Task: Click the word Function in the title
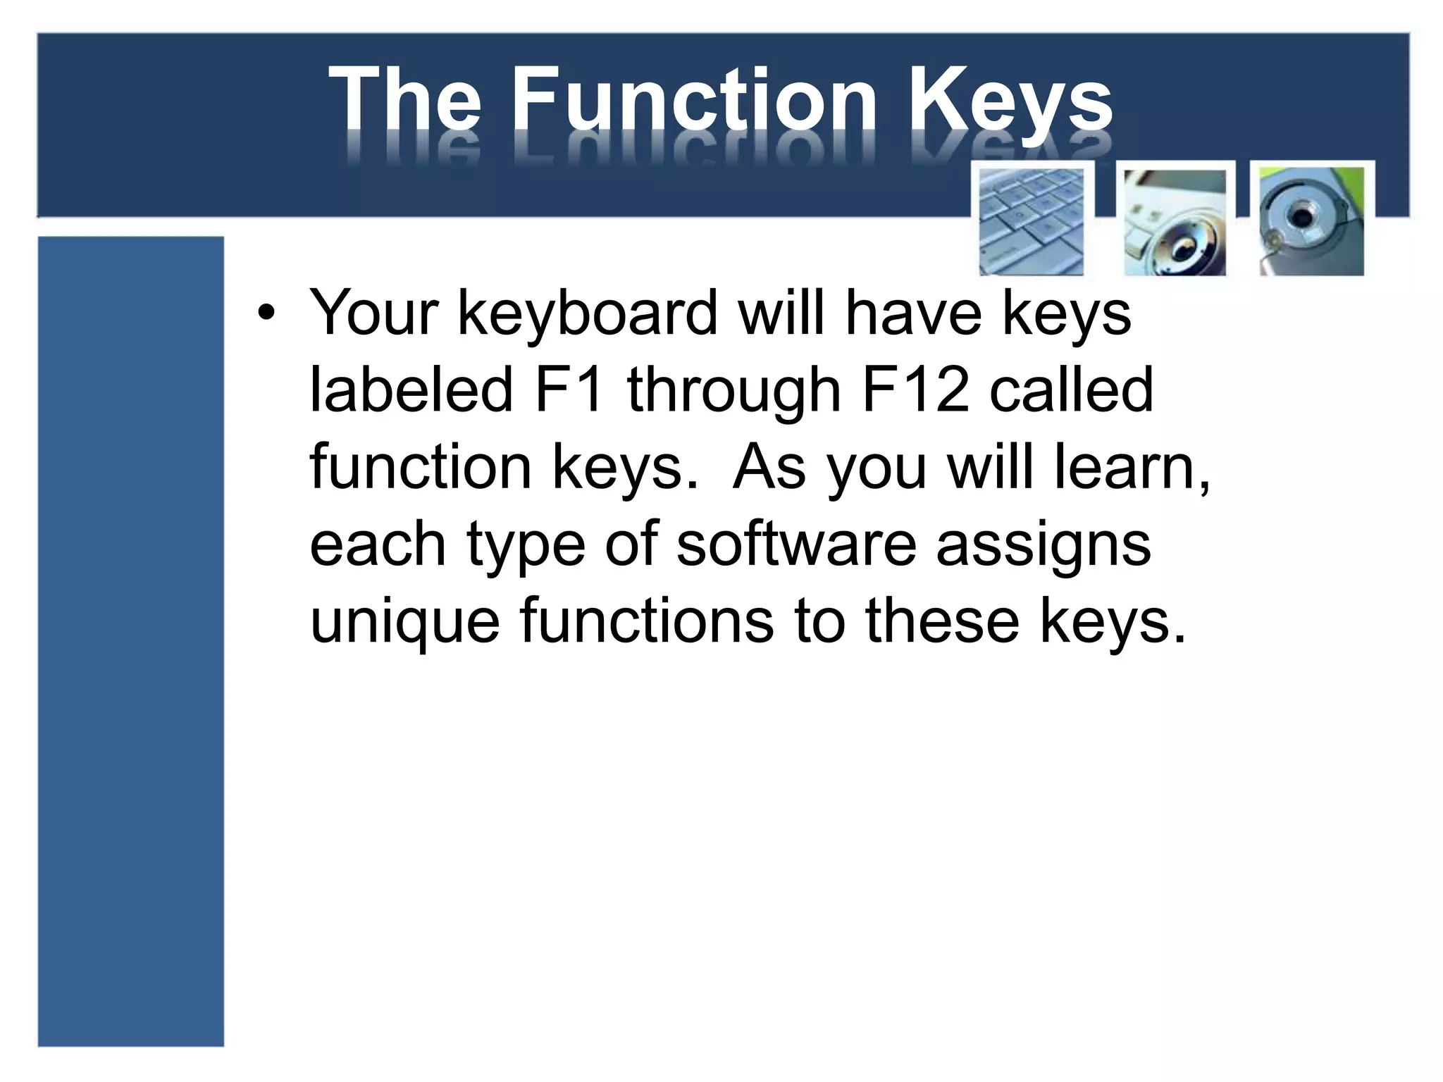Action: [693, 99]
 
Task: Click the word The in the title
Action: [405, 99]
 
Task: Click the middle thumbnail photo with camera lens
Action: [1175, 222]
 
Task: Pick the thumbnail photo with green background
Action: [1312, 220]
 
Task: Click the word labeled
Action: [411, 390]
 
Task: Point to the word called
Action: [1071, 390]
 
